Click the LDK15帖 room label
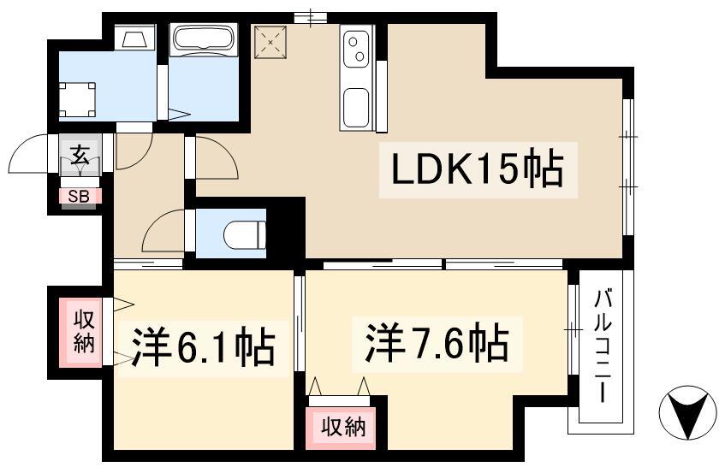coord(478,169)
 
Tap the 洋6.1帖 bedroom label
coord(204,346)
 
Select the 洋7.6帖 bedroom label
coord(437,344)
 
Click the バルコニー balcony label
coord(603,346)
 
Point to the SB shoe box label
coord(79,197)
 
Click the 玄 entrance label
coord(80,155)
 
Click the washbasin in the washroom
coord(135,36)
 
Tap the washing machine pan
coord(78,100)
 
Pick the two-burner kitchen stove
coord(356,50)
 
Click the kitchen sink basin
coord(355,107)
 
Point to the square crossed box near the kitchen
coord(271,42)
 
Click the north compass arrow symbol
coord(689,412)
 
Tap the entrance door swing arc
coord(28,154)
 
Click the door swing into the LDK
coord(217,157)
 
